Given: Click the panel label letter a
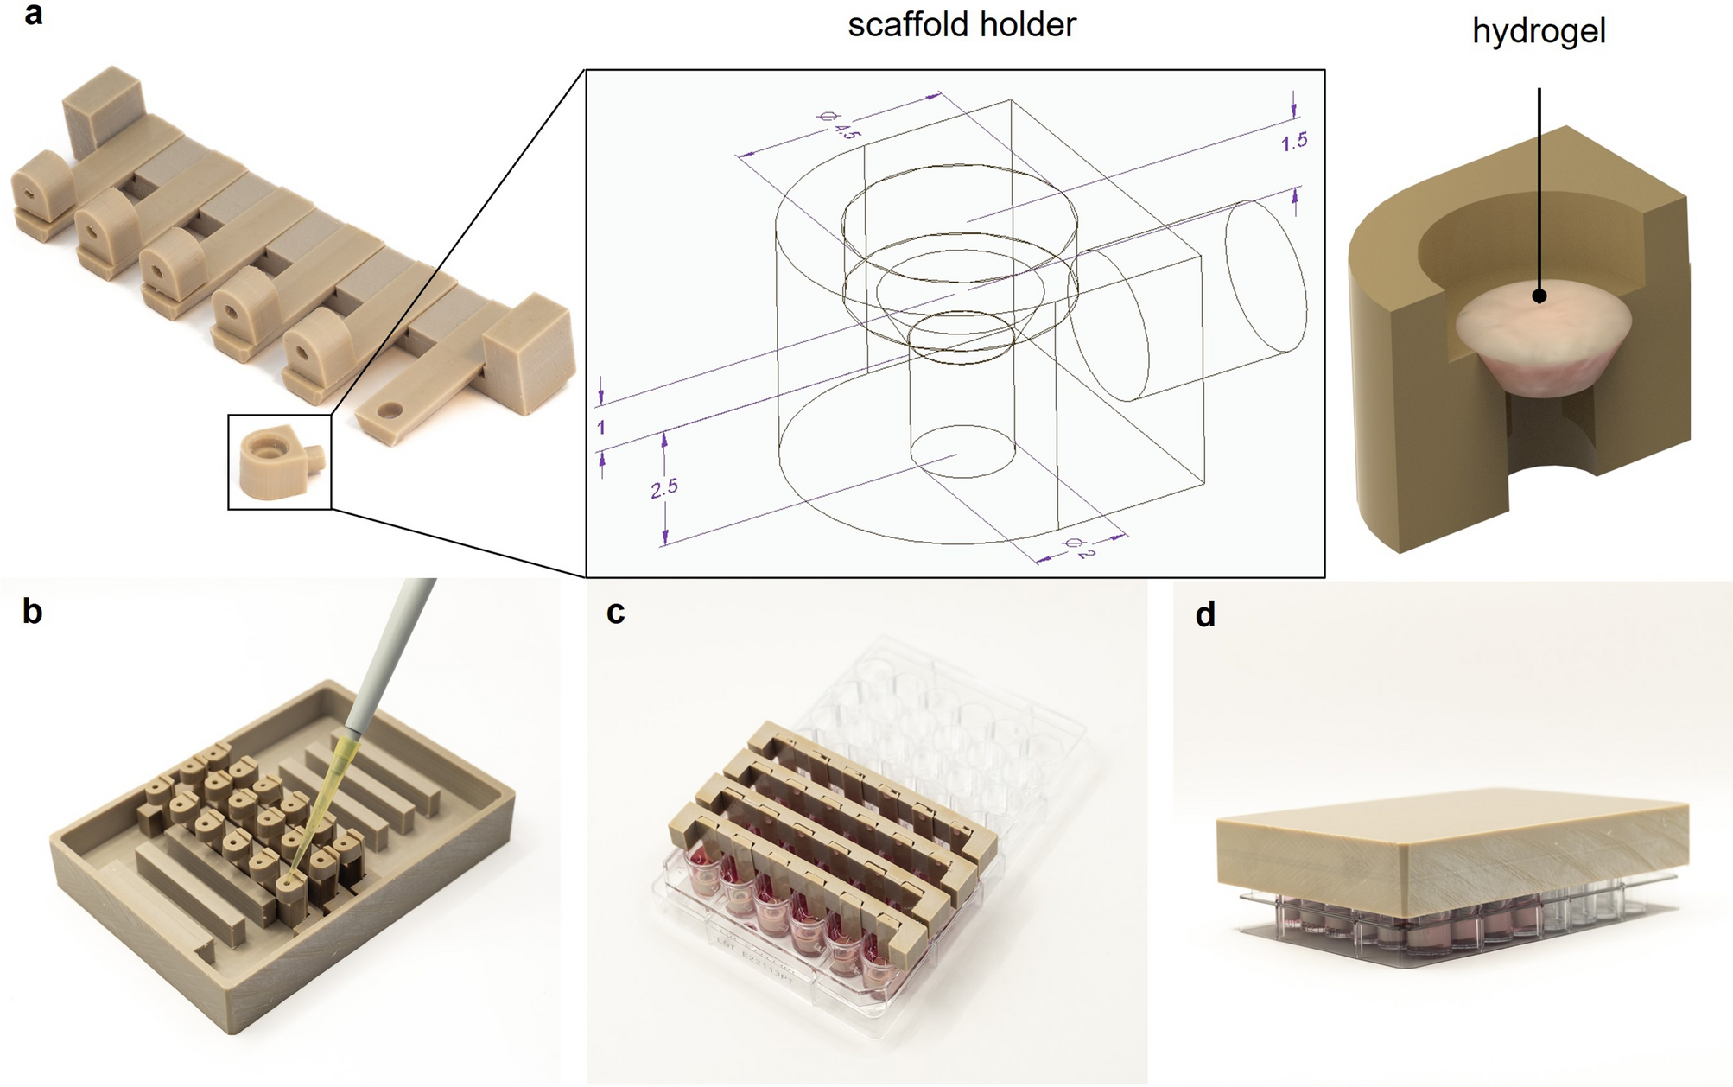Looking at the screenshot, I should click(33, 15).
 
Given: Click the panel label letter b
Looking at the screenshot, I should click(32, 611).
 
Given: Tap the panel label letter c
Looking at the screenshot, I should click(615, 612).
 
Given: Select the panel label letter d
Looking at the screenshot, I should click(1204, 614).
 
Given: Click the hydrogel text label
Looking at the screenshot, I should click(1539, 32).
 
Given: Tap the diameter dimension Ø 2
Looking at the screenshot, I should click(1079, 547).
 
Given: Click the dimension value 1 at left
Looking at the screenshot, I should click(600, 428).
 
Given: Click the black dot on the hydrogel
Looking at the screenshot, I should click(1539, 296).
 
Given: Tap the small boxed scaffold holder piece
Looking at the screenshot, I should click(278, 462).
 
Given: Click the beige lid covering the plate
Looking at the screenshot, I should click(1451, 855).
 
